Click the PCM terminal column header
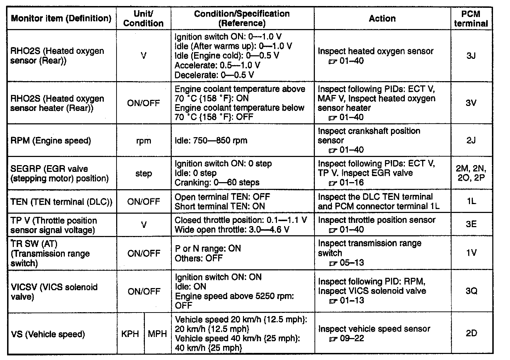click(x=471, y=19)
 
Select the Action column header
click(x=382, y=18)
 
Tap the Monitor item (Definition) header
click(x=61, y=18)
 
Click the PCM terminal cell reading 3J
click(x=471, y=56)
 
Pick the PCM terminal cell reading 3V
click(x=471, y=103)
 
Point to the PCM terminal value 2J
click(x=471, y=140)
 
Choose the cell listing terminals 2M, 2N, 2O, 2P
click(x=471, y=173)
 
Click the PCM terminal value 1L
click(x=471, y=201)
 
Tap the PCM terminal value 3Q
click(x=471, y=291)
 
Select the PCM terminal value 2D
click(x=471, y=333)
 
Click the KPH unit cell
click(x=130, y=334)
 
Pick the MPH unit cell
click(x=157, y=334)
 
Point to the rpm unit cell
click(x=143, y=141)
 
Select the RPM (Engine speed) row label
click(x=51, y=141)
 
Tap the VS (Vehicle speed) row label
click(x=48, y=334)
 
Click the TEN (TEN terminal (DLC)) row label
click(x=61, y=202)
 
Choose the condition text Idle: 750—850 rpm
click(x=211, y=141)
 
